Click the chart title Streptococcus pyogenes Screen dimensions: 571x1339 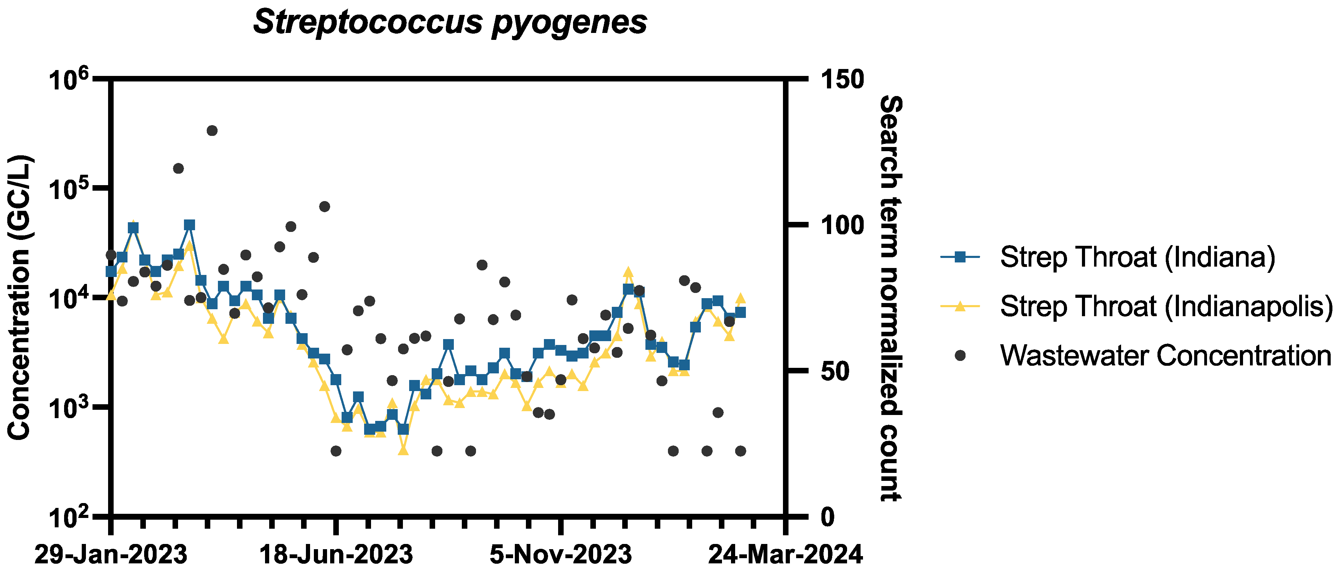click(450, 22)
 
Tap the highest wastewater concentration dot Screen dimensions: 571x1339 click(212, 130)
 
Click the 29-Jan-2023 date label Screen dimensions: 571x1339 click(111, 554)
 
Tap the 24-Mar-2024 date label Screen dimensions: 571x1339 click(785, 554)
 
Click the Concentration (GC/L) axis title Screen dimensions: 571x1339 click(20, 297)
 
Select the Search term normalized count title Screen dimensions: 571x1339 click(890, 299)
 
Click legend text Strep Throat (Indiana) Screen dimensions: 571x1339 click(1137, 257)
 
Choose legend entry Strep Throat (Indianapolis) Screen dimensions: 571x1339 click(1166, 306)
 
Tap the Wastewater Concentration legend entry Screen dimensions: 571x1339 click(1165, 356)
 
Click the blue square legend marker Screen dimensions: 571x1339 click(960, 257)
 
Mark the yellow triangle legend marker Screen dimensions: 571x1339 click(960, 306)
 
